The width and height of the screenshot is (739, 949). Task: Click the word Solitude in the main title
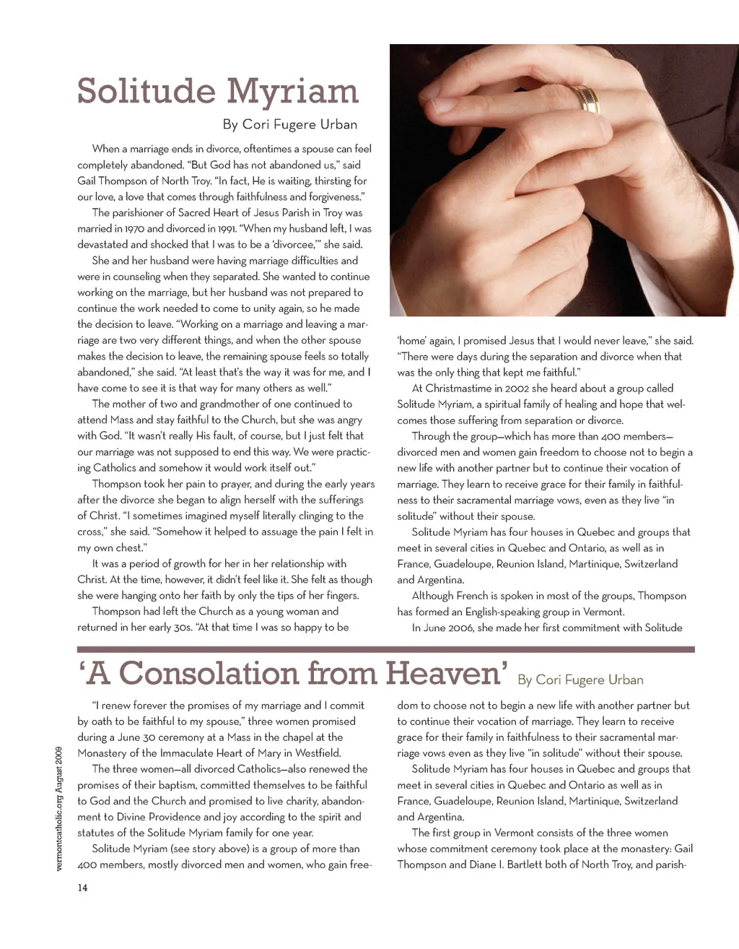point(146,91)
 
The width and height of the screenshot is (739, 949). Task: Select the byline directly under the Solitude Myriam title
point(289,124)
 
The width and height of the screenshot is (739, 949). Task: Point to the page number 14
point(82,888)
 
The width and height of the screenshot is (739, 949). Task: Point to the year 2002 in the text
point(517,388)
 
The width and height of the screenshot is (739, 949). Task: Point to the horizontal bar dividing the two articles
point(385,649)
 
